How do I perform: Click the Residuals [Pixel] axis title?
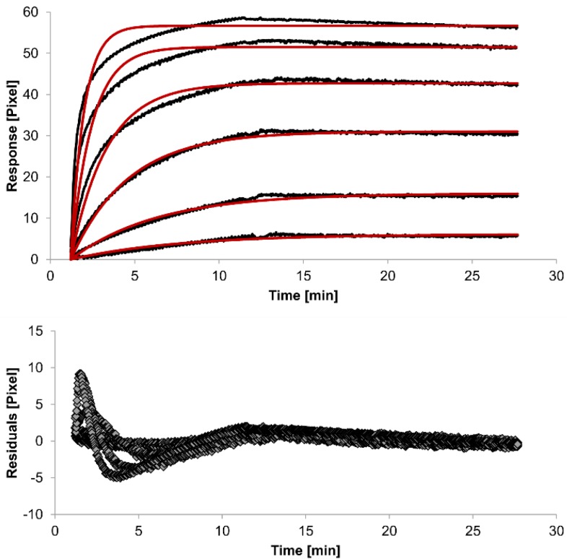12,421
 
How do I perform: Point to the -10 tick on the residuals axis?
35,515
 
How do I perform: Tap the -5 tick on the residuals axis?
38,478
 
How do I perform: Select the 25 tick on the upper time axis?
472,275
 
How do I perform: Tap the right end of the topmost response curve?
518,27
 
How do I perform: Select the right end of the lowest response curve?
518,235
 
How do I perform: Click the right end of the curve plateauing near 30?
518,133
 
